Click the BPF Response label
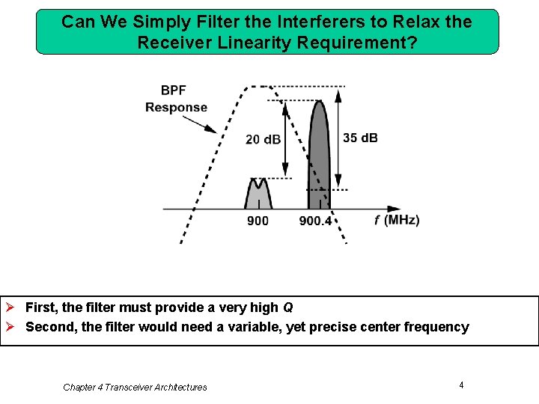(x=176, y=99)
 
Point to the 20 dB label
(x=263, y=139)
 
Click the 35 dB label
(x=360, y=138)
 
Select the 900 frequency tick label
(x=258, y=221)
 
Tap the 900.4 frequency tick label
(x=315, y=221)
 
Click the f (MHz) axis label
(x=397, y=220)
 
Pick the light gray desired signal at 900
(x=258, y=196)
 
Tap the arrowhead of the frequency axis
(x=394, y=209)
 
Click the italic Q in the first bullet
(x=288, y=307)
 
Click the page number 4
(x=461, y=385)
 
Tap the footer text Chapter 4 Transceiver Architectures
(x=135, y=387)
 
